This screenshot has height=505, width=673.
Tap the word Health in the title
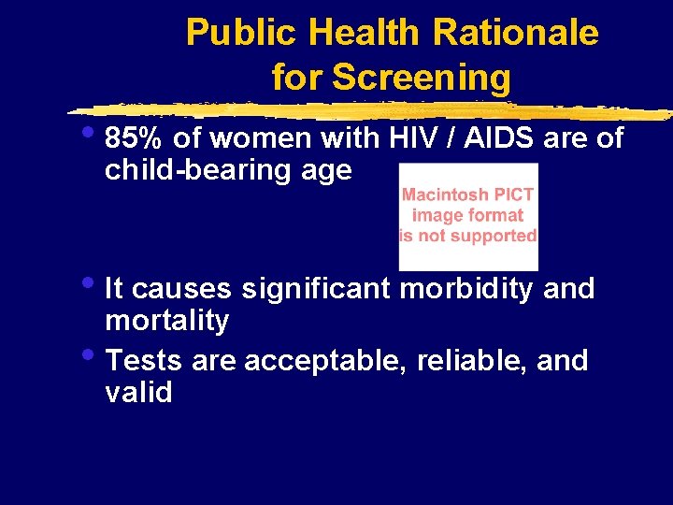pyautogui.click(x=360, y=33)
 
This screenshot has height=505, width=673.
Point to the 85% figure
pyautogui.click(x=135, y=138)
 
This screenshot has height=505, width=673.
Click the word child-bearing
pyautogui.click(x=211, y=170)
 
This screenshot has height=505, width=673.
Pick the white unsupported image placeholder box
pyautogui.click(x=468, y=216)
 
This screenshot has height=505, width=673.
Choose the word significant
pyautogui.click(x=316, y=289)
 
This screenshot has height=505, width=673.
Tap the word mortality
pyautogui.click(x=167, y=321)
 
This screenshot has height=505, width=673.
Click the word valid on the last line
pyautogui.click(x=138, y=392)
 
